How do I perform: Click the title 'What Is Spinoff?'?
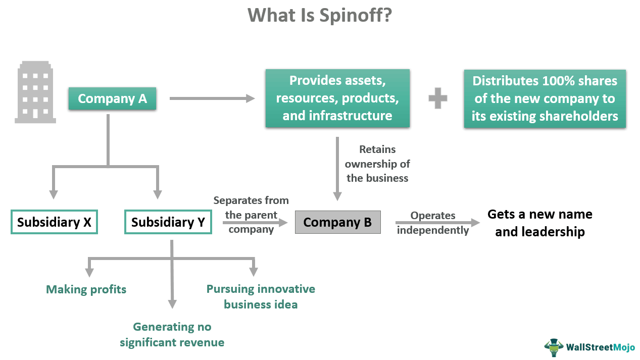(x=320, y=16)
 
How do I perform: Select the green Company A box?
(x=112, y=98)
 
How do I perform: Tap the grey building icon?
(x=35, y=92)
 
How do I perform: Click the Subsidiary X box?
(x=54, y=222)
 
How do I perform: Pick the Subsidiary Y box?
(x=168, y=222)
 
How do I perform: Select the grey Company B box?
(x=337, y=222)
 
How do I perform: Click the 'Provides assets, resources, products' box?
(x=337, y=98)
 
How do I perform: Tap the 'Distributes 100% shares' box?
(x=545, y=98)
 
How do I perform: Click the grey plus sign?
(x=437, y=98)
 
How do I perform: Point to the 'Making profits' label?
(x=86, y=289)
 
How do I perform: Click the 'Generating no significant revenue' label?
(x=172, y=335)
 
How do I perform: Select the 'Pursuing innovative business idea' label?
(x=261, y=296)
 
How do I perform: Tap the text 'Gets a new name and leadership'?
(x=539, y=223)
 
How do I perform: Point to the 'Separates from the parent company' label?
(x=251, y=215)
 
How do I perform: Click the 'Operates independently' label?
(x=433, y=223)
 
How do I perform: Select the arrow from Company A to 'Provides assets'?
(x=212, y=98)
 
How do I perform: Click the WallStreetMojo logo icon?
(x=554, y=347)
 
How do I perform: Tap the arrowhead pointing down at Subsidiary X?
(x=53, y=194)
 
